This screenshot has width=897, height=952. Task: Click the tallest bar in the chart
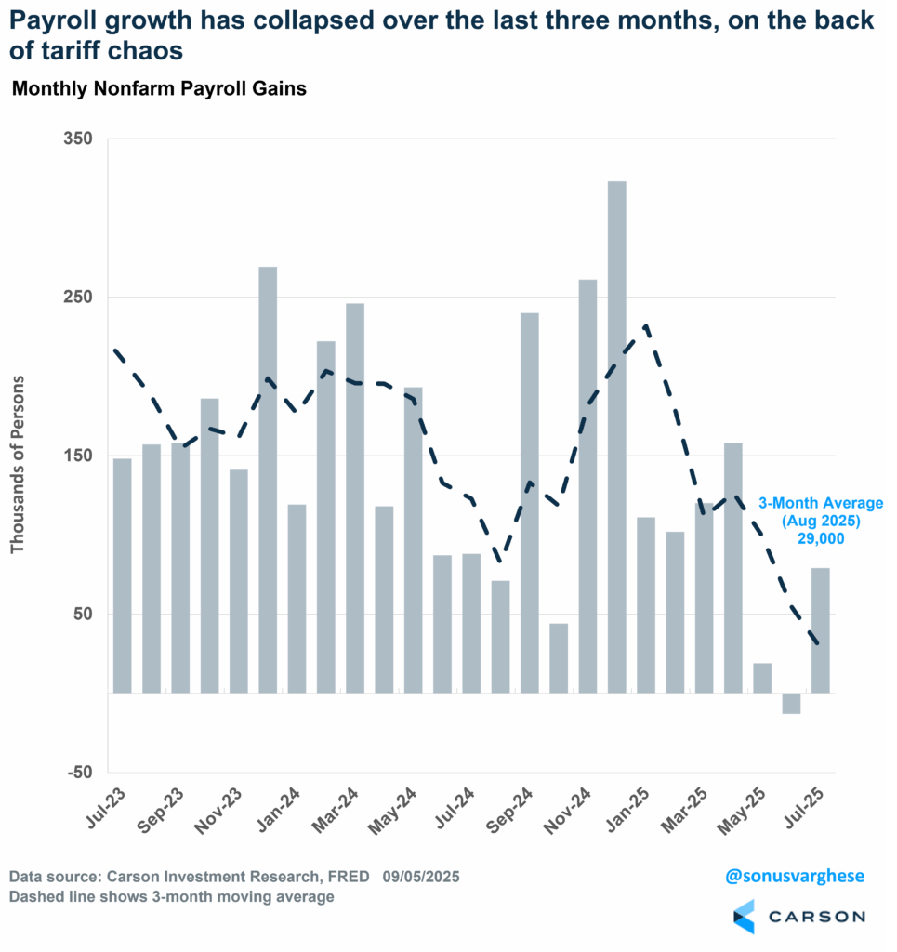coord(616,437)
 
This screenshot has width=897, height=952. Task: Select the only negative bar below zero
coord(792,704)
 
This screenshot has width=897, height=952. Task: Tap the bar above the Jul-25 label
coord(821,630)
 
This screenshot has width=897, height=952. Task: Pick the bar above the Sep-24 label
coord(530,502)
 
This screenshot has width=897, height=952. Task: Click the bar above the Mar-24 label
coord(355,497)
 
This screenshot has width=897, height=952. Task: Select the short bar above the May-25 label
coord(762,678)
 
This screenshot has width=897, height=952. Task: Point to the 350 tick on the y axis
coord(78,139)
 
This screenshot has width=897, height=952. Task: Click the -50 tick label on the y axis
coord(78,773)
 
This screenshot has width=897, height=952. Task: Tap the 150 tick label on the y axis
coord(78,456)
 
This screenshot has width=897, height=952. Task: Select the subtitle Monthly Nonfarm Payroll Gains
coord(159,90)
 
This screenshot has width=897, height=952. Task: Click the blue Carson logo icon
coord(744,916)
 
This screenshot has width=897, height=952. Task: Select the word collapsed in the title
coord(314,21)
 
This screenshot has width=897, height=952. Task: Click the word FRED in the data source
coord(350,877)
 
